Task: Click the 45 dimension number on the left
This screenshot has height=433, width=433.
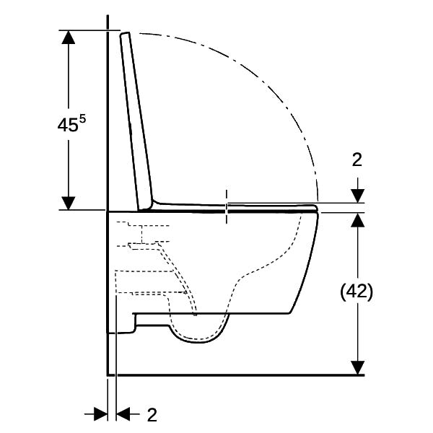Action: pos(68,125)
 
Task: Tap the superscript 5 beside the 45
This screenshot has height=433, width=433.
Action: pos(82,119)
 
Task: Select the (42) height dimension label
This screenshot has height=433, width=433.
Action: pos(357,292)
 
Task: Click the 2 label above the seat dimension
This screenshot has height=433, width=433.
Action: pos(357,159)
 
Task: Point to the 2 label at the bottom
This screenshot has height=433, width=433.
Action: pos(152,414)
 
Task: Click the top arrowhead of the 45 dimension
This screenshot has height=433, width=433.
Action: pos(69,37)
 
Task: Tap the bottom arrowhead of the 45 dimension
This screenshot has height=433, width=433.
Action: pos(69,203)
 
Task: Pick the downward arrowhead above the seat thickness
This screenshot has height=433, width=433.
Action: pos(358,196)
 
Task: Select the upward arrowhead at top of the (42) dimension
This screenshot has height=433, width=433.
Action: pos(358,220)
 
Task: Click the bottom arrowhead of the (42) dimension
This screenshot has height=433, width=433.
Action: pos(358,368)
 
